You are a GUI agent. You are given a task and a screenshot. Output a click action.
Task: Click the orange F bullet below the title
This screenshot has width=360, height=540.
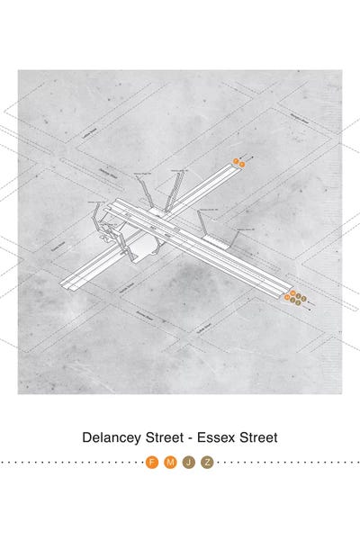[x=152, y=463]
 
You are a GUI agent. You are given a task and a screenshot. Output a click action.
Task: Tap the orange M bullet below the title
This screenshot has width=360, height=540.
[x=170, y=463]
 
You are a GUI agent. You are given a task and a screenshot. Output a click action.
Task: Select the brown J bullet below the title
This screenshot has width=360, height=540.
[x=188, y=463]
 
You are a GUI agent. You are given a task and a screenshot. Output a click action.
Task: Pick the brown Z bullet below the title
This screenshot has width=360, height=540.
[x=207, y=463]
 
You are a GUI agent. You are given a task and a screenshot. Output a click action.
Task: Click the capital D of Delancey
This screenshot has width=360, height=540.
[x=86, y=437]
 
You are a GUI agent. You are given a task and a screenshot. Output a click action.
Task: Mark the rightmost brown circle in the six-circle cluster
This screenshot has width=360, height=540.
[x=304, y=299]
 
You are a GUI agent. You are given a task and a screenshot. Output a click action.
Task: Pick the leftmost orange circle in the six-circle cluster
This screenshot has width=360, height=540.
[x=287, y=296]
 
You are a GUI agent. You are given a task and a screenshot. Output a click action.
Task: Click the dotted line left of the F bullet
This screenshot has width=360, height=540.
[x=72, y=463]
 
